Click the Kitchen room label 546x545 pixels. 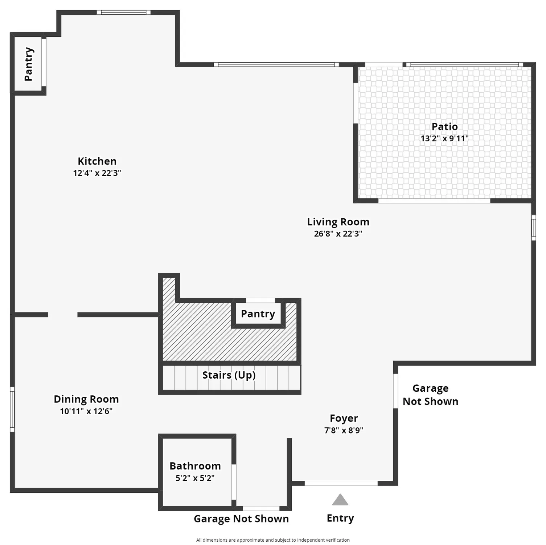click(x=97, y=161)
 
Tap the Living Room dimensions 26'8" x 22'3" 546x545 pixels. click(x=338, y=234)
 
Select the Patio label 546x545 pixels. click(x=444, y=126)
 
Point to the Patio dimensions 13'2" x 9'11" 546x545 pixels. click(x=444, y=138)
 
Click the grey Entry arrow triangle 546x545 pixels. click(x=340, y=500)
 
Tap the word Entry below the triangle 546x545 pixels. click(x=340, y=518)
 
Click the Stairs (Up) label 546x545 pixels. click(x=229, y=375)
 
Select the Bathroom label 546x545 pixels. click(x=195, y=466)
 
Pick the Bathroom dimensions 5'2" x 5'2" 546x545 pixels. click(x=195, y=478)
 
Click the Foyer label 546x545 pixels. click(x=344, y=419)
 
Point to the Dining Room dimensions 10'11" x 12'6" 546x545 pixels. click(x=86, y=411)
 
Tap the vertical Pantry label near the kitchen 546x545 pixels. click(x=29, y=64)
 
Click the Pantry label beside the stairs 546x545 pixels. click(x=258, y=314)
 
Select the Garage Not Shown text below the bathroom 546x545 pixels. click(x=241, y=519)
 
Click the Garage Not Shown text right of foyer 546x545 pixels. click(x=431, y=395)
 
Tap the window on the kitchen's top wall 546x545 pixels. click(x=124, y=12)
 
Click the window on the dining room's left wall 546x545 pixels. click(x=12, y=409)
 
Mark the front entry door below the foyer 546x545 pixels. click(x=341, y=483)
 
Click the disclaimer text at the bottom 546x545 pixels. click(x=273, y=540)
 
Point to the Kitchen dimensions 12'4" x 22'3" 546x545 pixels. click(x=97, y=173)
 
